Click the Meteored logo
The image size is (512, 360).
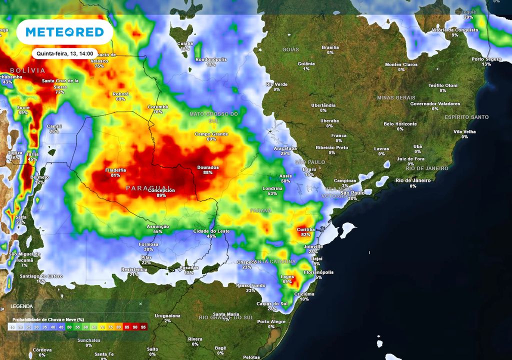click(x=64, y=32)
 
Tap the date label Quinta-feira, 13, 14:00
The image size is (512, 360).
click(x=64, y=53)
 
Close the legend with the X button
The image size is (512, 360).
click(x=140, y=303)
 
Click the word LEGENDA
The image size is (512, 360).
click(x=21, y=306)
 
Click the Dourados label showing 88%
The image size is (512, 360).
click(x=207, y=167)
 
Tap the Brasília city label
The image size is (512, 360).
click(x=330, y=47)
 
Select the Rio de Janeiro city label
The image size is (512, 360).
click(x=412, y=180)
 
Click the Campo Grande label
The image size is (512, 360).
click(x=211, y=134)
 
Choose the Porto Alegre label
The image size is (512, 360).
click(x=271, y=321)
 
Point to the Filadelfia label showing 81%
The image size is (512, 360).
click(x=115, y=170)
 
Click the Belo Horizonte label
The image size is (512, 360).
click(x=400, y=124)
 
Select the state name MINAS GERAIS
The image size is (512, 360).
click(x=396, y=97)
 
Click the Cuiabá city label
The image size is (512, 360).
click(x=185, y=43)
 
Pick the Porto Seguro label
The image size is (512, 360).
click(x=486, y=59)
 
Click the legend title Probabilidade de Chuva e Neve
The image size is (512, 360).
click(x=48, y=319)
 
